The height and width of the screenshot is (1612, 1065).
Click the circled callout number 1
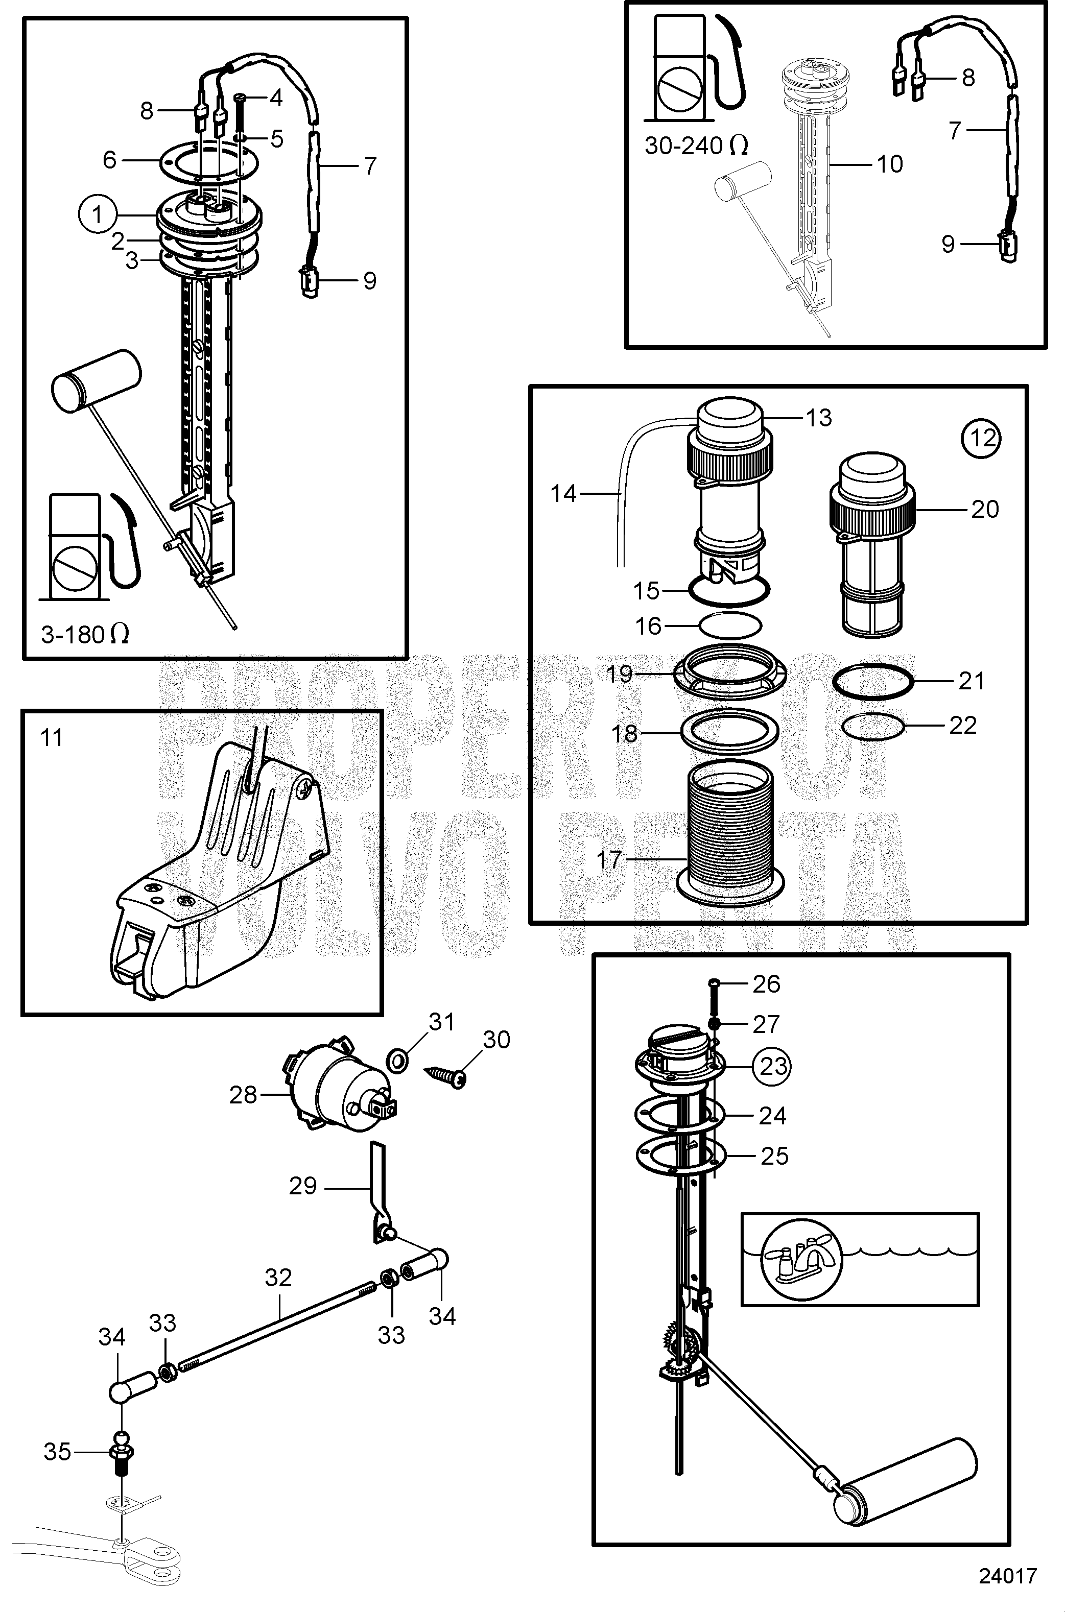(x=98, y=214)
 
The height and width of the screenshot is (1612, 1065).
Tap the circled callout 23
(x=773, y=1066)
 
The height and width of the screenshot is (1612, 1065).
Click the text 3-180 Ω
(x=85, y=634)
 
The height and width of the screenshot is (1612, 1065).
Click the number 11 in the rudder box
(x=52, y=737)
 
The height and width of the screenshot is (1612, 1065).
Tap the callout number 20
(x=984, y=509)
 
